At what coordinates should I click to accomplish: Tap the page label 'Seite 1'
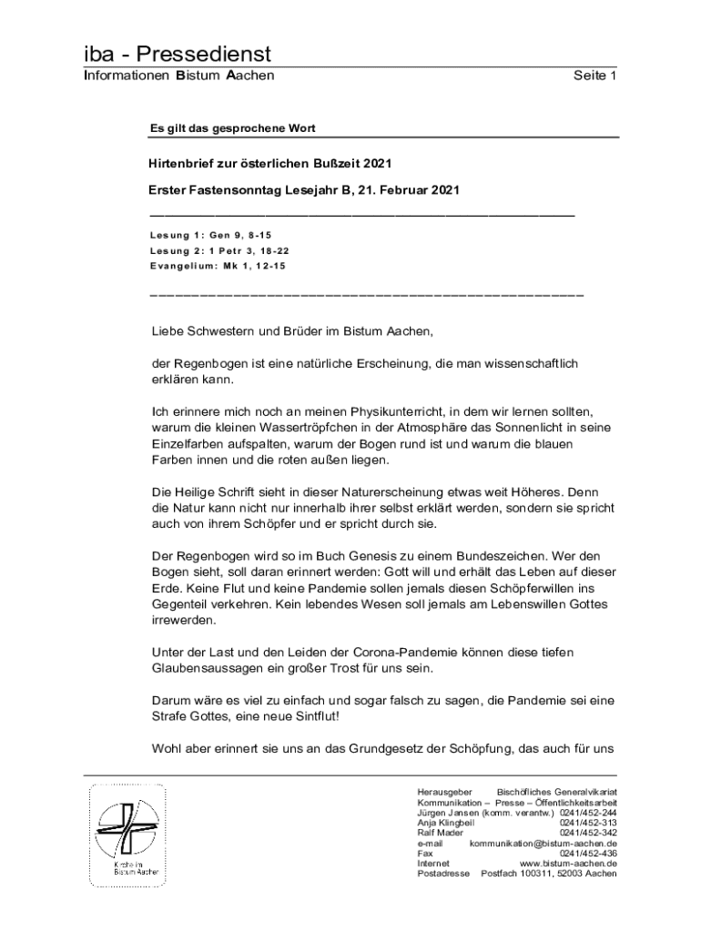tap(595, 76)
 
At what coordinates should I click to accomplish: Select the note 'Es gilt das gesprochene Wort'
tap(232, 128)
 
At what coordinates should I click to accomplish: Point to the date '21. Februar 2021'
tap(407, 190)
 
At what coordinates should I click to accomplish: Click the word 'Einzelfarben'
tap(188, 444)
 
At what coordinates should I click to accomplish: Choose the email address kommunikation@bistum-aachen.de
tap(544, 844)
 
